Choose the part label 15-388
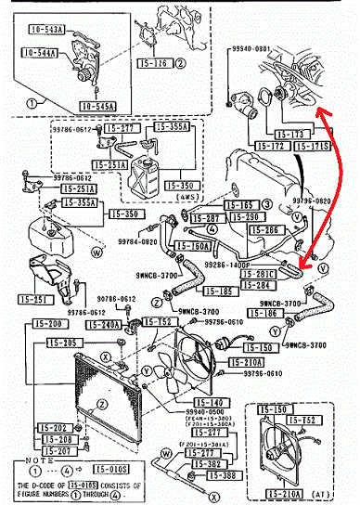pyautogui.click(x=223, y=475)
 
